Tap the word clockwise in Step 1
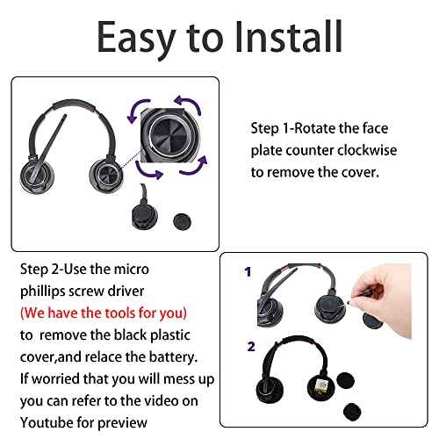(367, 150)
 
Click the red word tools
(119, 313)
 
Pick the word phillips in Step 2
(42, 291)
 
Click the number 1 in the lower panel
(248, 271)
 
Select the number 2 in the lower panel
(251, 347)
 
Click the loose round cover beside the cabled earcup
(182, 221)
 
